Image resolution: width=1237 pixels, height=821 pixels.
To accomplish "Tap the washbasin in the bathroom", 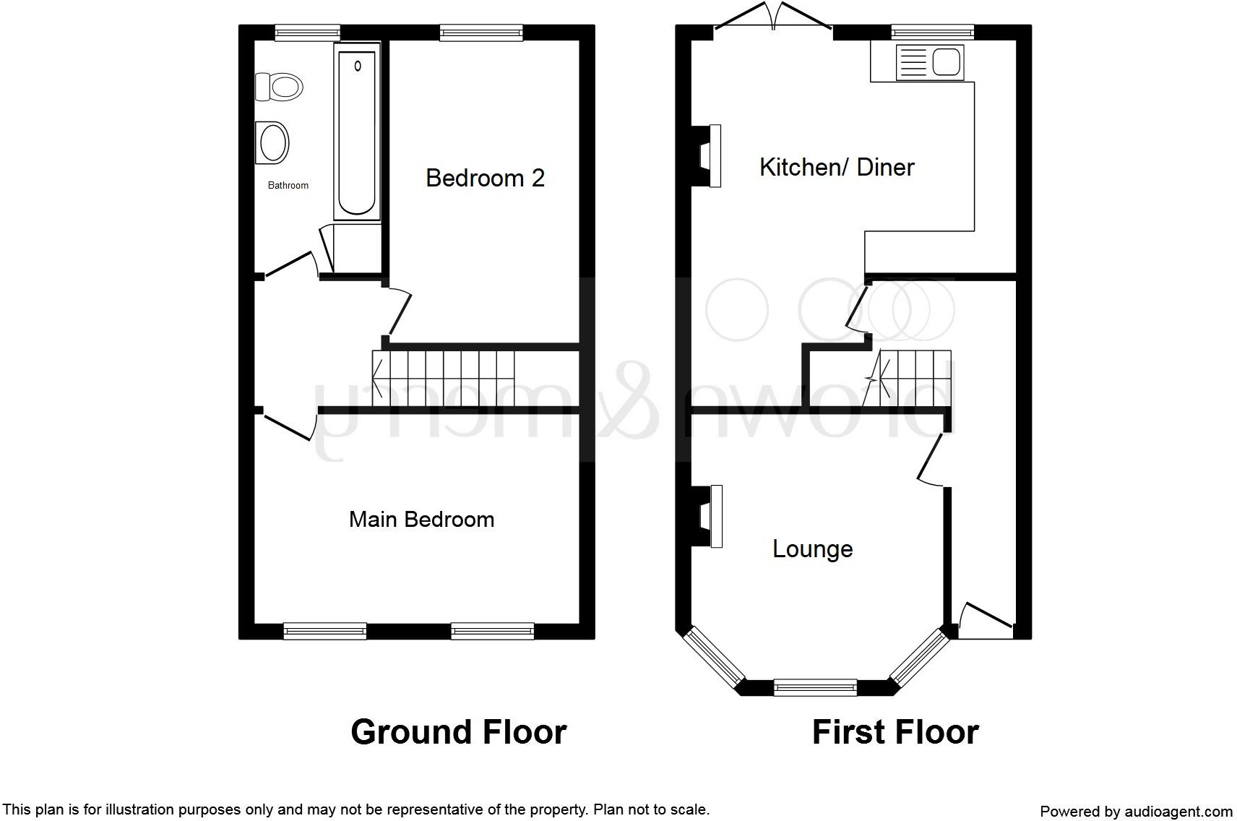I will [272, 142].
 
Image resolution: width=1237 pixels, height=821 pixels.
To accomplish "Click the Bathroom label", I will [288, 186].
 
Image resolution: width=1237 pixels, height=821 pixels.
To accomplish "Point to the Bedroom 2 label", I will [485, 178].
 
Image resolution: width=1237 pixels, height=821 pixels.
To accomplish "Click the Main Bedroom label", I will [421, 519].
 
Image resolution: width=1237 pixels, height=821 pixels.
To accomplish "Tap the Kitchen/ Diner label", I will [837, 168].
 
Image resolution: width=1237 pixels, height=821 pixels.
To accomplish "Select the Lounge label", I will [812, 549].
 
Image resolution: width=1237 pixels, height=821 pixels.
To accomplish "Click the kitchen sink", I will [929, 62].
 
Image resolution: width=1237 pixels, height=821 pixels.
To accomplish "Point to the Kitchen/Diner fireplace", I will [707, 156].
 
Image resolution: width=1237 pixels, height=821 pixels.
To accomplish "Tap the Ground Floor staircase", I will [443, 378].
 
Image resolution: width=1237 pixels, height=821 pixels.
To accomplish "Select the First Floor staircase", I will [912, 378].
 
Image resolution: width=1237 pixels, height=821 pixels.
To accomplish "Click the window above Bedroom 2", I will [481, 32].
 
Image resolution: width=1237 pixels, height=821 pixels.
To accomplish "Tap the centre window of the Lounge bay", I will [815, 687].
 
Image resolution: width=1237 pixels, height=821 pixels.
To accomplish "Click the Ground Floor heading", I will [458, 732].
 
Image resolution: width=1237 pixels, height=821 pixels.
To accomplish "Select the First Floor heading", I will [895, 732].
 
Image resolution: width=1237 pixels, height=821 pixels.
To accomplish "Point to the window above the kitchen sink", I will [932, 32].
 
